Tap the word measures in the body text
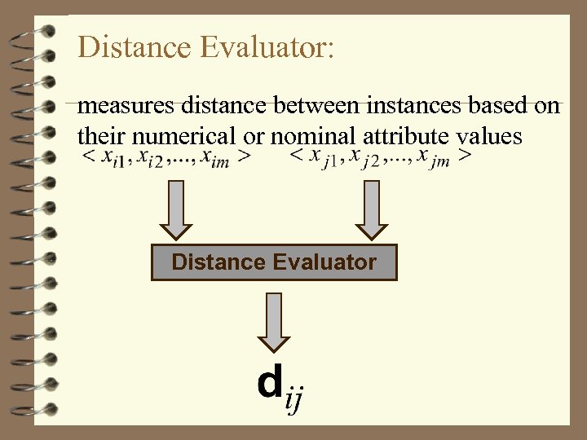[121, 106]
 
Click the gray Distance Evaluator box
[274, 262]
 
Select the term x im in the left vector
[215, 157]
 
